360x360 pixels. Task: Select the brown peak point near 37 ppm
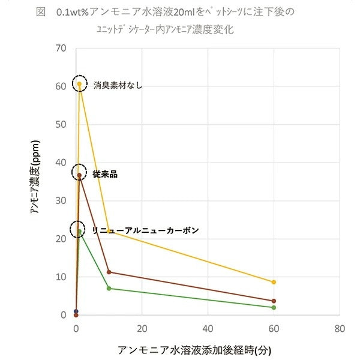tap(79, 175)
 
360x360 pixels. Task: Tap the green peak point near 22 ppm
tap(79, 231)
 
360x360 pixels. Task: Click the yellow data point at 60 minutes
tap(274, 282)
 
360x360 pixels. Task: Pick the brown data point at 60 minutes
tap(274, 301)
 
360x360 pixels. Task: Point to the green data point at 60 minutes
tap(274, 307)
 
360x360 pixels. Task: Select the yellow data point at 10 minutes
tap(109, 232)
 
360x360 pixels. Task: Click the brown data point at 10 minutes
tap(109, 272)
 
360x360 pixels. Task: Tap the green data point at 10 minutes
tap(109, 289)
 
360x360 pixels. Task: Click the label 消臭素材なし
tap(118, 85)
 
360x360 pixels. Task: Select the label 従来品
tap(105, 174)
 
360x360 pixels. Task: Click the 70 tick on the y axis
tap(61, 48)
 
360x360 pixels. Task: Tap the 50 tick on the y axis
tap(61, 125)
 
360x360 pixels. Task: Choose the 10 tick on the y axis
tap(61, 277)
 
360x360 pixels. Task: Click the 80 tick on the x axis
tap(340, 329)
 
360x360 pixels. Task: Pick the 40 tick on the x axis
tap(208, 329)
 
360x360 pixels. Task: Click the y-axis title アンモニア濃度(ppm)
tap(37, 181)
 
